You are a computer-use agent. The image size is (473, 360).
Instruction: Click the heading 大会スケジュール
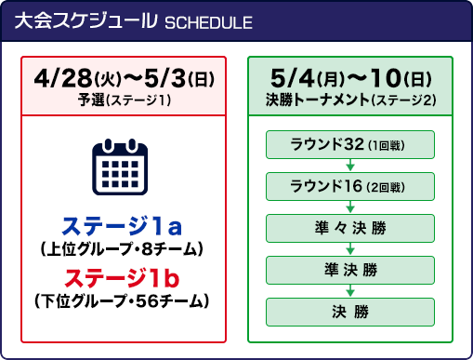[92, 23]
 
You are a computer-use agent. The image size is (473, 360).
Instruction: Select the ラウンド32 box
[350, 144]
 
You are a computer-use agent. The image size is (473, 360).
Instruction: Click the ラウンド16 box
[350, 186]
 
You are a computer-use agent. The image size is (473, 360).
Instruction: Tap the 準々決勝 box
[350, 228]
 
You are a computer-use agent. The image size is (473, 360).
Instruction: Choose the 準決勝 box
[350, 270]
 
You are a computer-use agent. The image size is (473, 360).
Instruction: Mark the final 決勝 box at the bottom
[350, 311]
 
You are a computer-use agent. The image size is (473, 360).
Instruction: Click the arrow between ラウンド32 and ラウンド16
[350, 165]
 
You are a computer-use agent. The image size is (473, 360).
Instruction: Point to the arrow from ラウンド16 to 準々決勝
[350, 207]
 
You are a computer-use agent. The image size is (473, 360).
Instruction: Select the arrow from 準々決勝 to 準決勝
[350, 248]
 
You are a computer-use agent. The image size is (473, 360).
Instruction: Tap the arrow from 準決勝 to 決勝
[350, 290]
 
